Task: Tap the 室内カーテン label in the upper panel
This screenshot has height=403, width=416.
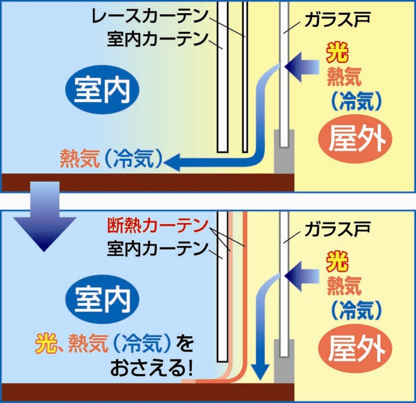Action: coord(158,40)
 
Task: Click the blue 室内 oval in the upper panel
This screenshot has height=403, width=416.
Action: coord(102,90)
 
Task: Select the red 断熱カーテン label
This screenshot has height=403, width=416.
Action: coord(158,226)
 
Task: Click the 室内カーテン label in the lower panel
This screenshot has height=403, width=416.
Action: coord(158,249)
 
